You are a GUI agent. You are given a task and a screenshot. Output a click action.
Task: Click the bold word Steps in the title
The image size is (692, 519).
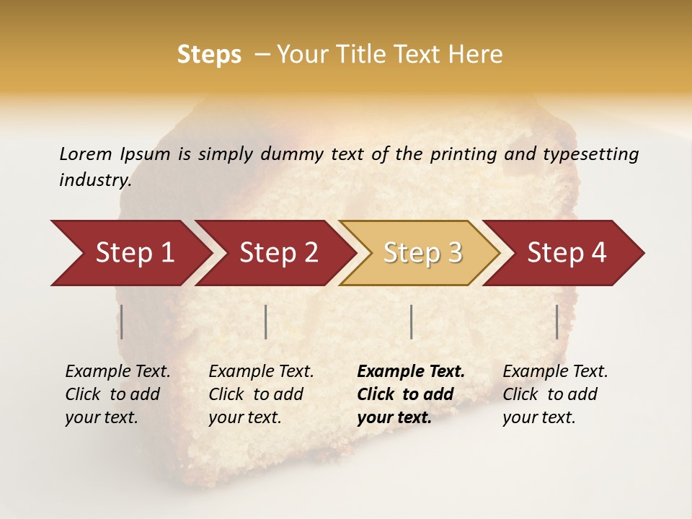pyautogui.click(x=209, y=55)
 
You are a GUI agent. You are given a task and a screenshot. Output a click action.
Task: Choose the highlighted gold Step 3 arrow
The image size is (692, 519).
pyautogui.click(x=422, y=253)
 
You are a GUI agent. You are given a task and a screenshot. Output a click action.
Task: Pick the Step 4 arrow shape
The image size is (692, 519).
pyautogui.click(x=567, y=253)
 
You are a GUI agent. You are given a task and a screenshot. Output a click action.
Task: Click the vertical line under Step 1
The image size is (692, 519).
pyautogui.click(x=122, y=321)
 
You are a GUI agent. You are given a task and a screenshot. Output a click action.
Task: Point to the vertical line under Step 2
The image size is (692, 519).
pyautogui.click(x=266, y=321)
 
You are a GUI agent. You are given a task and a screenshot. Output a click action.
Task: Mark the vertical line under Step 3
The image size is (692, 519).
pyautogui.click(x=411, y=321)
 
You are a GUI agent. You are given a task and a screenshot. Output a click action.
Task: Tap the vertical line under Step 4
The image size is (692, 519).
pyautogui.click(x=556, y=321)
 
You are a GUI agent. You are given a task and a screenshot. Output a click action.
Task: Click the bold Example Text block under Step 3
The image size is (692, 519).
pyautogui.click(x=410, y=394)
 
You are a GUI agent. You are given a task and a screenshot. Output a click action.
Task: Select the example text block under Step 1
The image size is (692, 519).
pyautogui.click(x=117, y=394)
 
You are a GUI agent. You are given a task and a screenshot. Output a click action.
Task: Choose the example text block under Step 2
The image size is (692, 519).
pyautogui.click(x=261, y=394)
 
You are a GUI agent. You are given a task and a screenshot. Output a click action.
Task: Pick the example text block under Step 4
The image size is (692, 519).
pyautogui.click(x=555, y=394)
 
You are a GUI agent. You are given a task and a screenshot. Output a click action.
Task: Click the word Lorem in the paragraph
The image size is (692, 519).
pyautogui.click(x=86, y=154)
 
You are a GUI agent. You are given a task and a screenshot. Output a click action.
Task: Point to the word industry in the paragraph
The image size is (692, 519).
pyautogui.click(x=95, y=180)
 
